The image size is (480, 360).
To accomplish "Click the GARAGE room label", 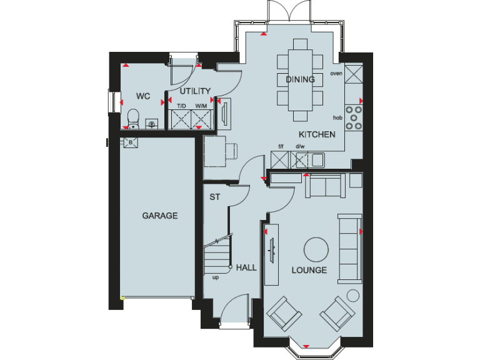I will (160, 216).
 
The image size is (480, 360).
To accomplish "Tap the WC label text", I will (143, 96).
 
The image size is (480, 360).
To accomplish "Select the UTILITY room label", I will (195, 91).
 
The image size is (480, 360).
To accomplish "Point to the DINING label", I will (300, 79).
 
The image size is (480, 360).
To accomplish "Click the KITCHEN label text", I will (317, 134).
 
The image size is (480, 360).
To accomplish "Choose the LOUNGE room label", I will (309, 270).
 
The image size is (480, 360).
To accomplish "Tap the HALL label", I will (246, 267).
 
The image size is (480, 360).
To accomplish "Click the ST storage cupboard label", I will (214, 197).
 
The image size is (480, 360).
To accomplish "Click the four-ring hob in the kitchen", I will (354, 117).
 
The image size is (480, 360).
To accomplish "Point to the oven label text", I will (336, 73).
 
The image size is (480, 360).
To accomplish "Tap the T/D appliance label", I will (181, 106).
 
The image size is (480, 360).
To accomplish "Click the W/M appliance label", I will (201, 106).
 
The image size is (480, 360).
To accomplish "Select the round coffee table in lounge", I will (315, 249).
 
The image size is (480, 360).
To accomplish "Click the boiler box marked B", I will (130, 142).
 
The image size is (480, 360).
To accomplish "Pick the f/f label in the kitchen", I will (281, 147).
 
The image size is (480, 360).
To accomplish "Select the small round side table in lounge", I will (353, 295).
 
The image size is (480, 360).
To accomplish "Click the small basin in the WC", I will (151, 124).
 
